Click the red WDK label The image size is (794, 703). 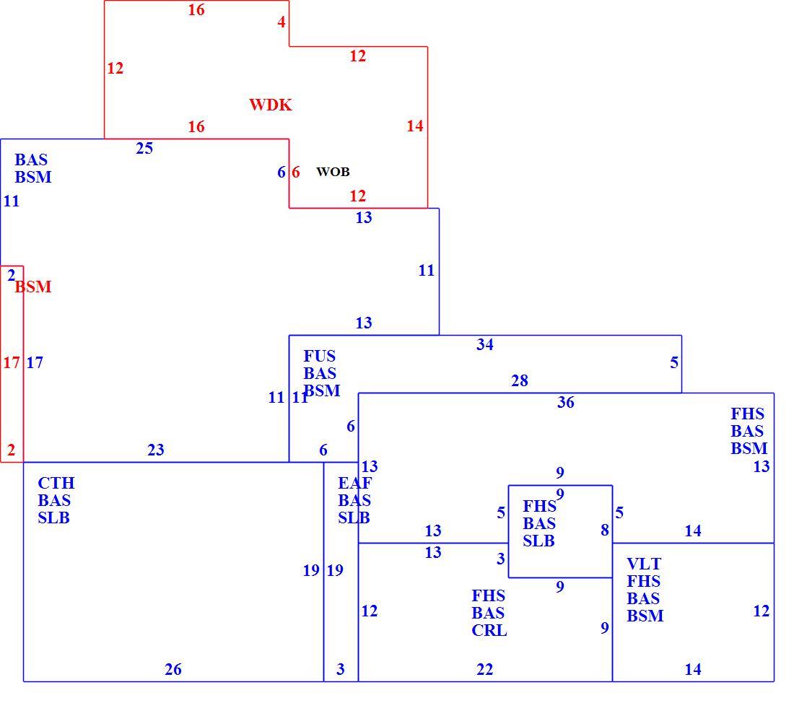pyautogui.click(x=271, y=105)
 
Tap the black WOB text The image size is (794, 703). pyautogui.click(x=333, y=172)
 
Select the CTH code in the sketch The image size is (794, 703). pyautogui.click(x=56, y=483)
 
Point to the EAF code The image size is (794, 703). pyautogui.click(x=354, y=483)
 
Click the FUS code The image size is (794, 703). pyautogui.click(x=320, y=356)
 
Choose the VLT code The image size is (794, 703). pyautogui.click(x=644, y=564)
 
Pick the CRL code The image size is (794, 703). pyautogui.click(x=489, y=630)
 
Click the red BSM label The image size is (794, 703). pyautogui.click(x=33, y=287)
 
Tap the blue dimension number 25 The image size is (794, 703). pyautogui.click(x=144, y=149)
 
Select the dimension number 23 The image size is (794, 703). pyautogui.click(x=155, y=450)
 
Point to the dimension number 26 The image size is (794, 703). pyautogui.click(x=173, y=670)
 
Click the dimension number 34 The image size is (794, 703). pyautogui.click(x=484, y=344)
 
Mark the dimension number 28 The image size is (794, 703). pyautogui.click(x=520, y=380)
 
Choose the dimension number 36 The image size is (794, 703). pyautogui.click(x=566, y=402)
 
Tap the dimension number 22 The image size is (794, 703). pyautogui.click(x=484, y=670)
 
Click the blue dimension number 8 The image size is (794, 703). pyautogui.click(x=605, y=530)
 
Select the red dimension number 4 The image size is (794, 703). pyautogui.click(x=282, y=22)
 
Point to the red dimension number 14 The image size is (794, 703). pyautogui.click(x=415, y=126)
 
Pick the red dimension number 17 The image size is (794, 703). pyautogui.click(x=11, y=362)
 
